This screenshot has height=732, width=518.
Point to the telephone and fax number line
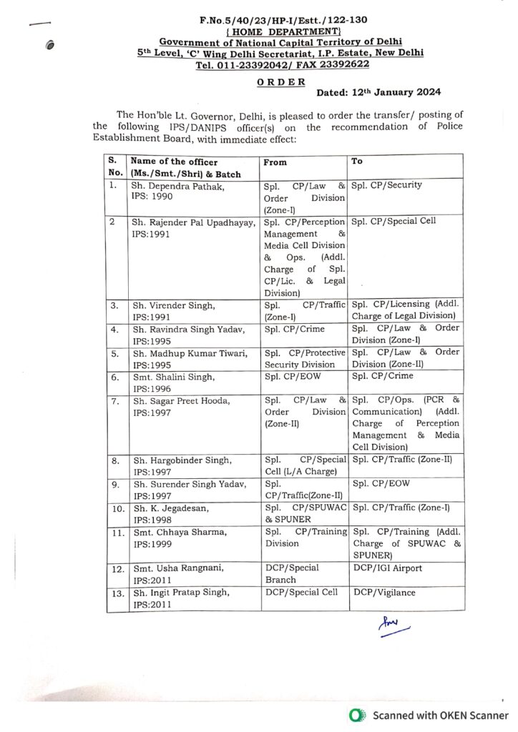point(282,64)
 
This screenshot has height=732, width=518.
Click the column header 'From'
point(275,162)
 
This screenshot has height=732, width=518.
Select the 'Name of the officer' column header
point(174,162)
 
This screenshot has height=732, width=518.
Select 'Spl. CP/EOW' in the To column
point(381,484)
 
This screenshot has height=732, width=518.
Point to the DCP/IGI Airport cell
point(387,568)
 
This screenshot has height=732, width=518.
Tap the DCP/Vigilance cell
point(384,593)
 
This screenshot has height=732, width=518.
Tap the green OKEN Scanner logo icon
point(354,715)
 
